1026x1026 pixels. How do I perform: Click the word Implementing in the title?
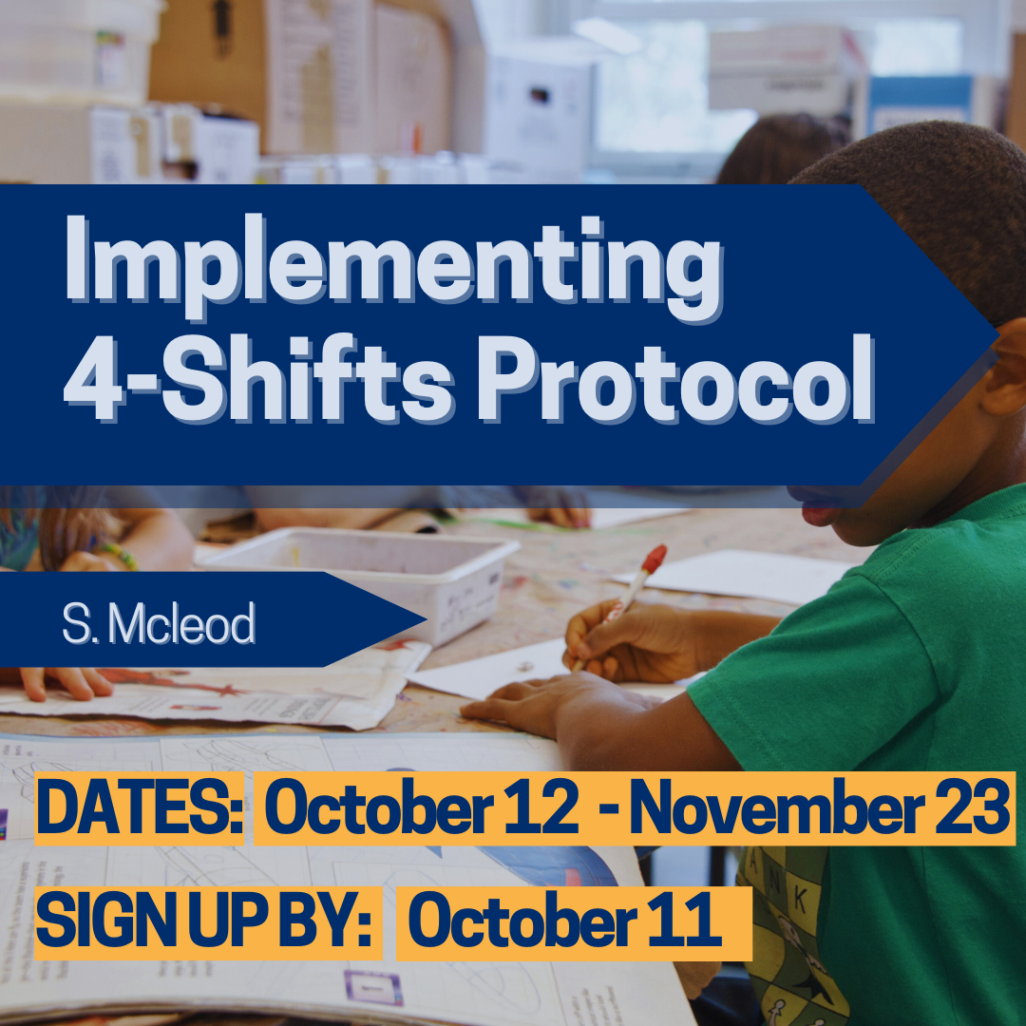pyautogui.click(x=394, y=267)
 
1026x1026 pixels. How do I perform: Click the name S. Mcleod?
pyautogui.click(x=159, y=623)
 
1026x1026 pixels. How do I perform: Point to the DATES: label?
pyautogui.click(x=140, y=808)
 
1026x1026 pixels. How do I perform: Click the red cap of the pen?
pyautogui.click(x=654, y=560)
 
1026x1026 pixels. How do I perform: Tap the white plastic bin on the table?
pyautogui.click(x=367, y=579)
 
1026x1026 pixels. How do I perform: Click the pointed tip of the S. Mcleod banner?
pyautogui.click(x=425, y=619)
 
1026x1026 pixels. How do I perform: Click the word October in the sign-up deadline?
pyautogui.click(x=522, y=921)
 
